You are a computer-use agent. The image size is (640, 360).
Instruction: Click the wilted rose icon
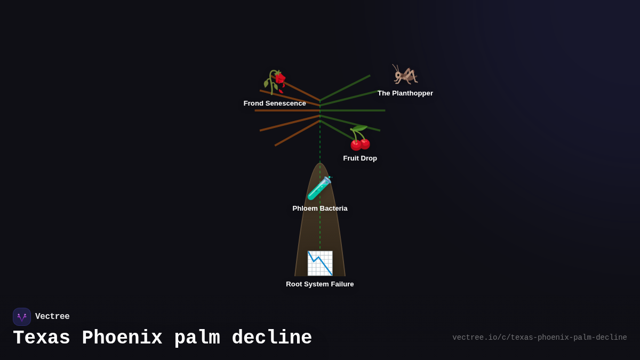275,82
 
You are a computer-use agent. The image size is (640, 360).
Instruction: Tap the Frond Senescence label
275,103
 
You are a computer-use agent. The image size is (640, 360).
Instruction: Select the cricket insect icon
405,75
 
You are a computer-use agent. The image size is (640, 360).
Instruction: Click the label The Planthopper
405,93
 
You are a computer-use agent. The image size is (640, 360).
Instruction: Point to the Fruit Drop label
360,158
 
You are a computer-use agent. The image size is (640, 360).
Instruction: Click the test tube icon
319,188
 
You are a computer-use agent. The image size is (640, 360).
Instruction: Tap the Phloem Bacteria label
320,209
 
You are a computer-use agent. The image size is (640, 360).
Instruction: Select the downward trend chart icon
320,263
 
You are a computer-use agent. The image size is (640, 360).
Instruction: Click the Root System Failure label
320,284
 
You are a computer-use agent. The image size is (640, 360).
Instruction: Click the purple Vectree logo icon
22,317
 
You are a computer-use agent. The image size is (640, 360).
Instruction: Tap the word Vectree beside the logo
52,317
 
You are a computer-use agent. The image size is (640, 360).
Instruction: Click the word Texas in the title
42,338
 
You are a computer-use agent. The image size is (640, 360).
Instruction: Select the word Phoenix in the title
122,338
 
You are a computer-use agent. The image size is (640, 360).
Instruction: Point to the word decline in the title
272,338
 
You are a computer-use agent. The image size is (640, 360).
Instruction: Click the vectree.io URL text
539,338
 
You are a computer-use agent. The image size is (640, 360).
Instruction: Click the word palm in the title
197,338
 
